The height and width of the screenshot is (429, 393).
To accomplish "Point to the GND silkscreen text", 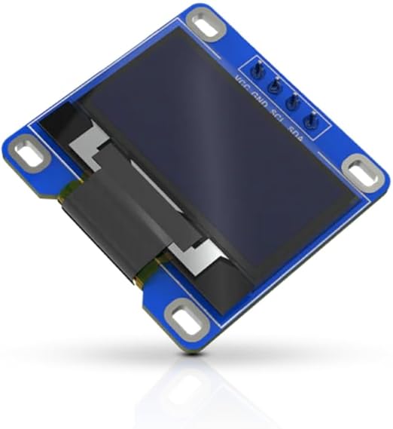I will (x=260, y=97).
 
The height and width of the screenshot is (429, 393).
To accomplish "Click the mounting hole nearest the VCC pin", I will (x=209, y=25).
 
